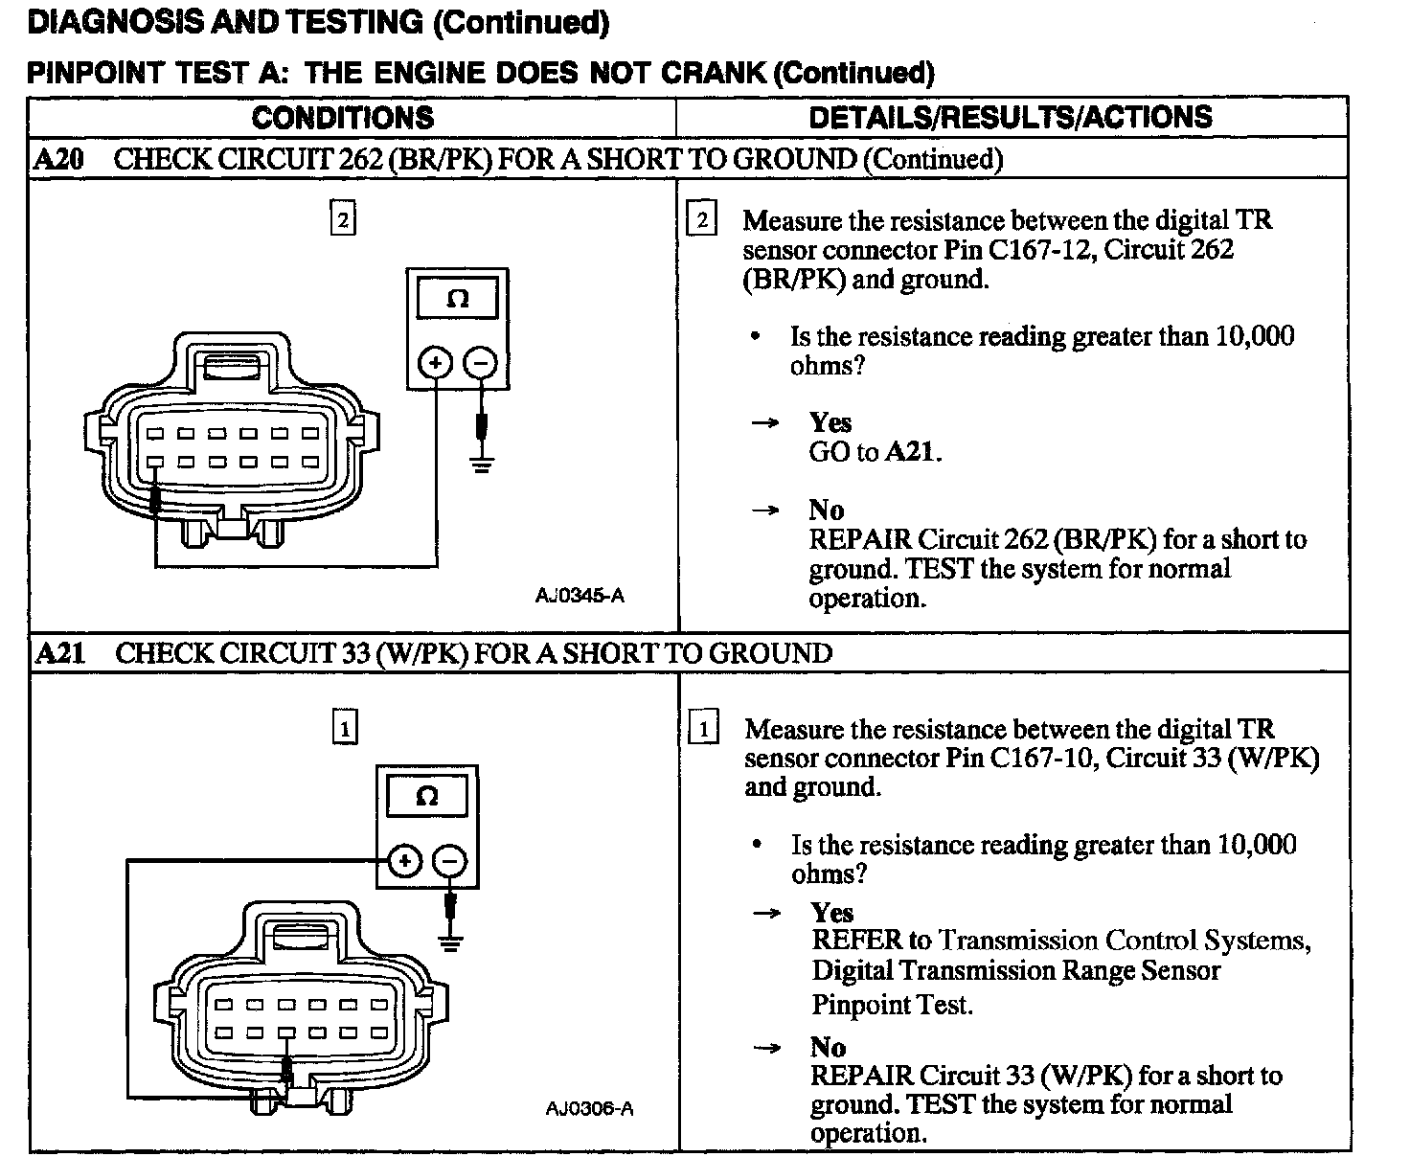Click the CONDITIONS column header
[x=342, y=118]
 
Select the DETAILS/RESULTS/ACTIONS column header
[x=1011, y=118]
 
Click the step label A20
[x=58, y=159]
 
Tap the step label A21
[x=59, y=653]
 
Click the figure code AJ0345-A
[x=580, y=596]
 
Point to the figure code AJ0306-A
[x=589, y=1109]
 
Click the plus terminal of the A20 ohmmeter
[x=436, y=363]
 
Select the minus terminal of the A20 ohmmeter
[x=481, y=363]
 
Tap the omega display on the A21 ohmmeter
[x=427, y=796]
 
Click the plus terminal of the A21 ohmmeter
[x=405, y=860]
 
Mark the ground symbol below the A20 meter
[x=482, y=465]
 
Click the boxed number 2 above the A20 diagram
[x=342, y=220]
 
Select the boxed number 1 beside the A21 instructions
[x=703, y=730]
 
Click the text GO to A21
[x=875, y=452]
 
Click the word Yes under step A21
[x=831, y=912]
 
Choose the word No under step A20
[x=826, y=510]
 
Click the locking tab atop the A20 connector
[x=233, y=366]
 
